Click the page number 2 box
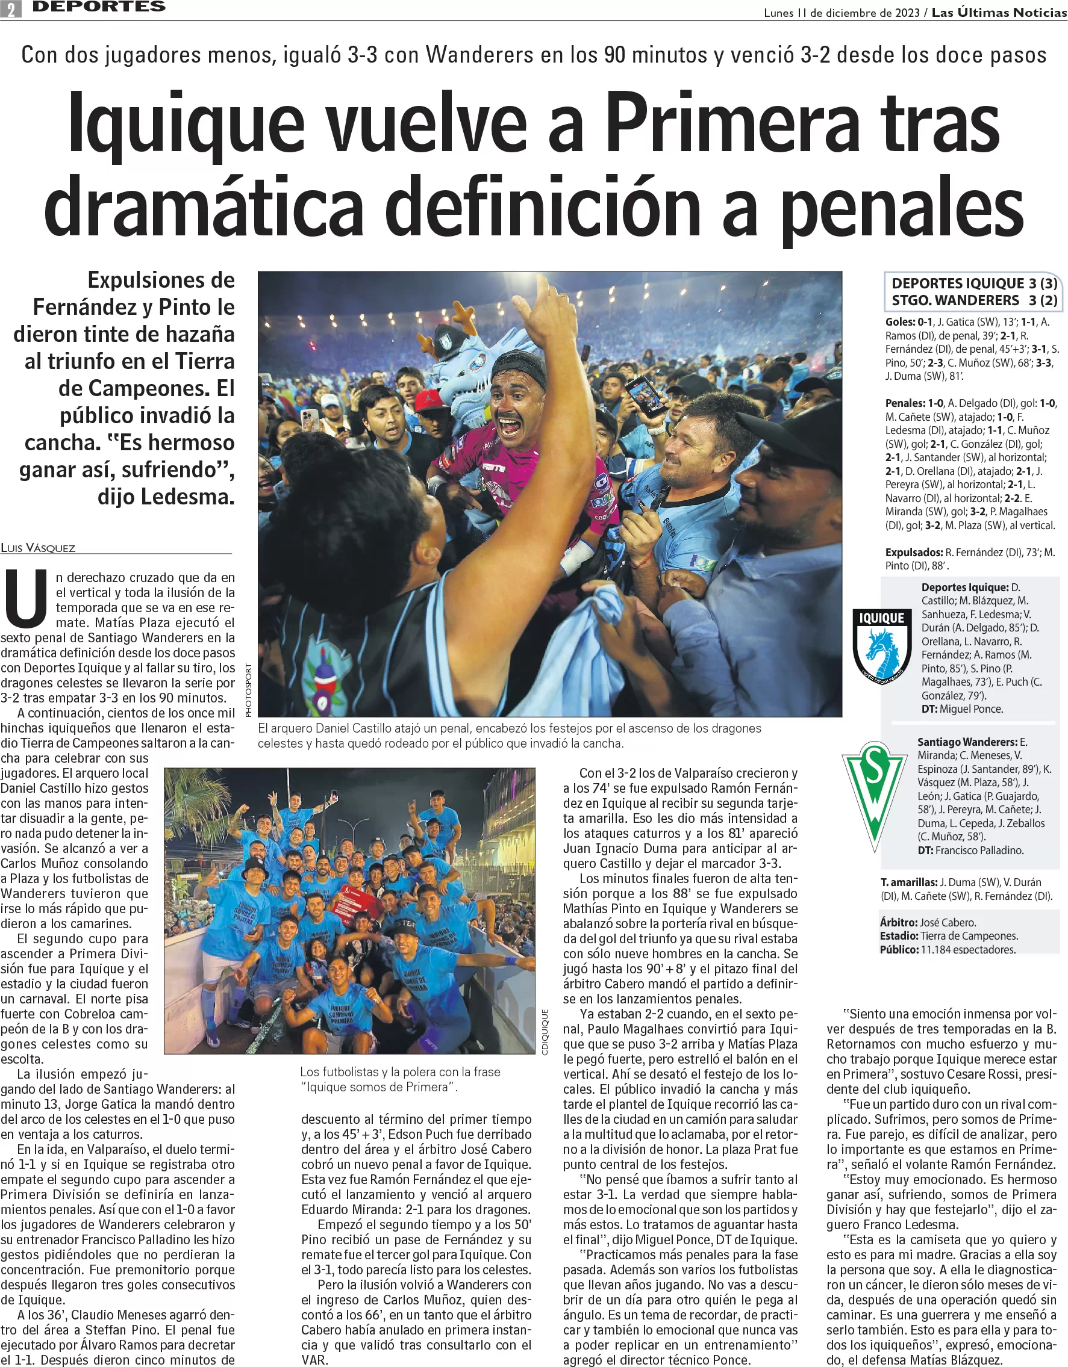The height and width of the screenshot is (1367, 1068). (11, 9)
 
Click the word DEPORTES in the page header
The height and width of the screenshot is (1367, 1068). (99, 7)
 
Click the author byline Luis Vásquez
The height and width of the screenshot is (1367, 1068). (38, 548)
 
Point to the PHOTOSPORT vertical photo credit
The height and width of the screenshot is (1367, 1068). (248, 690)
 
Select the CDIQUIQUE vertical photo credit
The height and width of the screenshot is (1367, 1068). (545, 1032)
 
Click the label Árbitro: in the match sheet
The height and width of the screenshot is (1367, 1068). (898, 922)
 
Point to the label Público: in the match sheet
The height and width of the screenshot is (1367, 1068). (899, 949)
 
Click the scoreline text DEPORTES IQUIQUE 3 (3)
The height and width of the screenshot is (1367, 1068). (974, 284)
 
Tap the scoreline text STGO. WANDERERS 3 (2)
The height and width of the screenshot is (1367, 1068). (974, 300)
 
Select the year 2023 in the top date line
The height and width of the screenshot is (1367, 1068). (907, 13)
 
